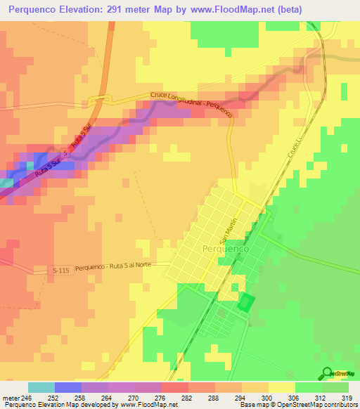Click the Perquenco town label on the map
pos(224,249)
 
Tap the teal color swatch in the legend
pos(41,387)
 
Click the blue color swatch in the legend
pos(68,387)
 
